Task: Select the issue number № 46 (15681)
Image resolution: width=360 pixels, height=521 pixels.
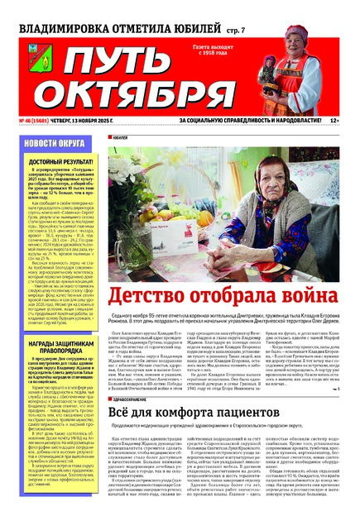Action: tap(34, 121)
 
